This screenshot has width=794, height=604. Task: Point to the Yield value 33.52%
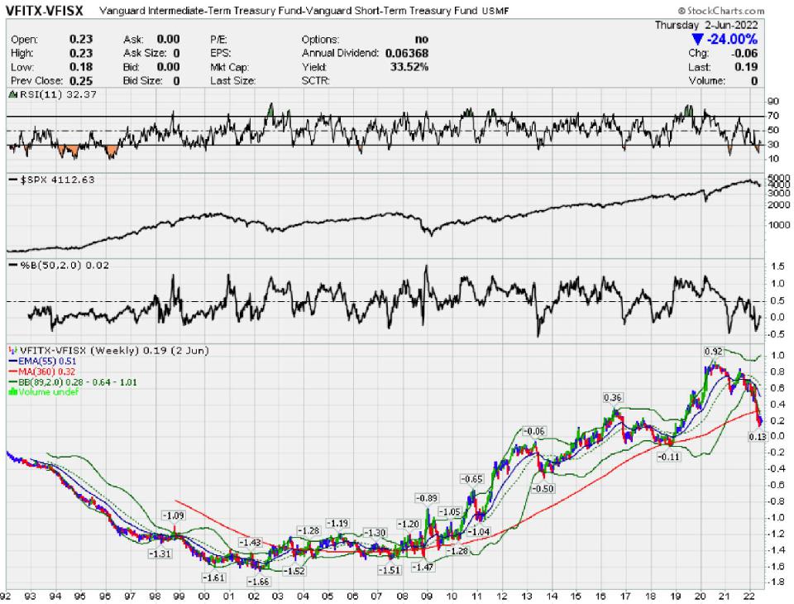(410, 67)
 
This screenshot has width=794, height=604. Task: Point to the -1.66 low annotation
(259, 582)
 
